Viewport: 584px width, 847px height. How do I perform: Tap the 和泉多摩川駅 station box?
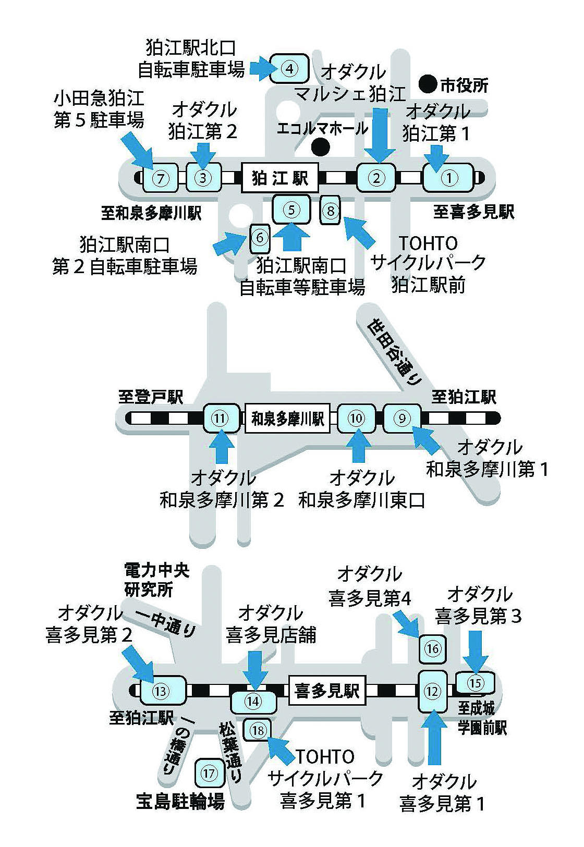pos(288,418)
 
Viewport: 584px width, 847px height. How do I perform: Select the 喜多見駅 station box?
pos(327,691)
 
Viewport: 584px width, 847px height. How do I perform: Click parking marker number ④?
pos(290,68)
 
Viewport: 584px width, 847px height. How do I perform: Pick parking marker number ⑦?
pos(161,178)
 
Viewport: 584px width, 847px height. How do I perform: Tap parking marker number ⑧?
pos(331,211)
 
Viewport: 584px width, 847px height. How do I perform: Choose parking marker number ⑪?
pos(221,418)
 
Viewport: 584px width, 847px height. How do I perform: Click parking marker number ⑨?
pos(402,418)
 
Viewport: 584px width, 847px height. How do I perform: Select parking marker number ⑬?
pos(162,691)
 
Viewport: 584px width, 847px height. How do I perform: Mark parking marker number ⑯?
pos(433,649)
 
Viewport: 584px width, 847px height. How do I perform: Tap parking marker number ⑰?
pos(209,773)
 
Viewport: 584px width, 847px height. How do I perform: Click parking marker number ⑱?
pos(258,730)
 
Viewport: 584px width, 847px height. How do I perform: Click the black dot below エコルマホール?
pos(320,147)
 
